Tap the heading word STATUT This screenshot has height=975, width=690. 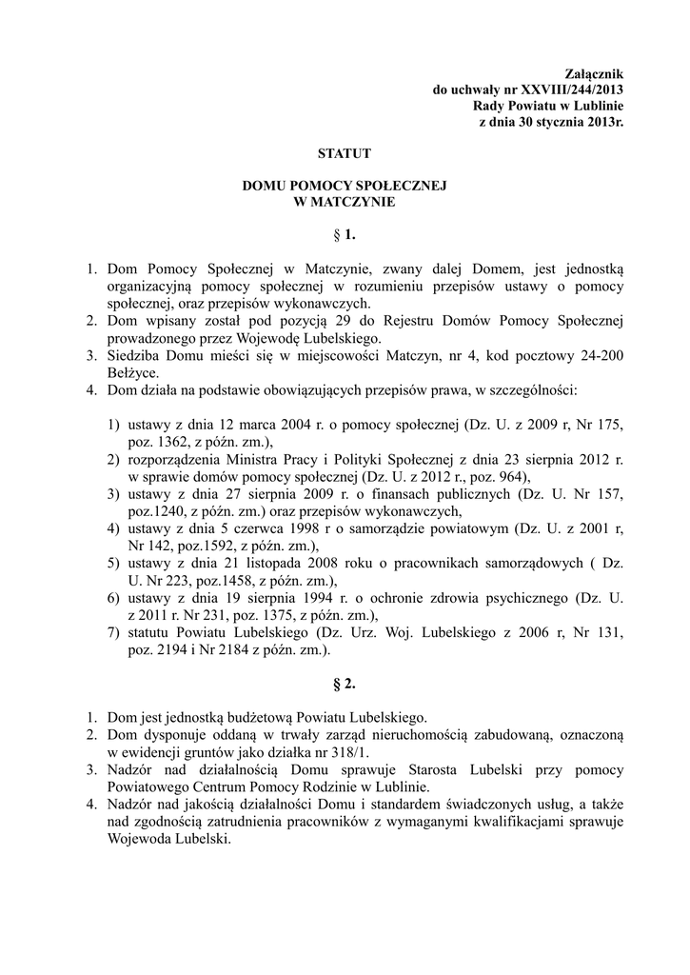(344, 152)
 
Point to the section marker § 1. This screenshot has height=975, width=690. (345, 233)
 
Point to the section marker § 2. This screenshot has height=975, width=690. (345, 684)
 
